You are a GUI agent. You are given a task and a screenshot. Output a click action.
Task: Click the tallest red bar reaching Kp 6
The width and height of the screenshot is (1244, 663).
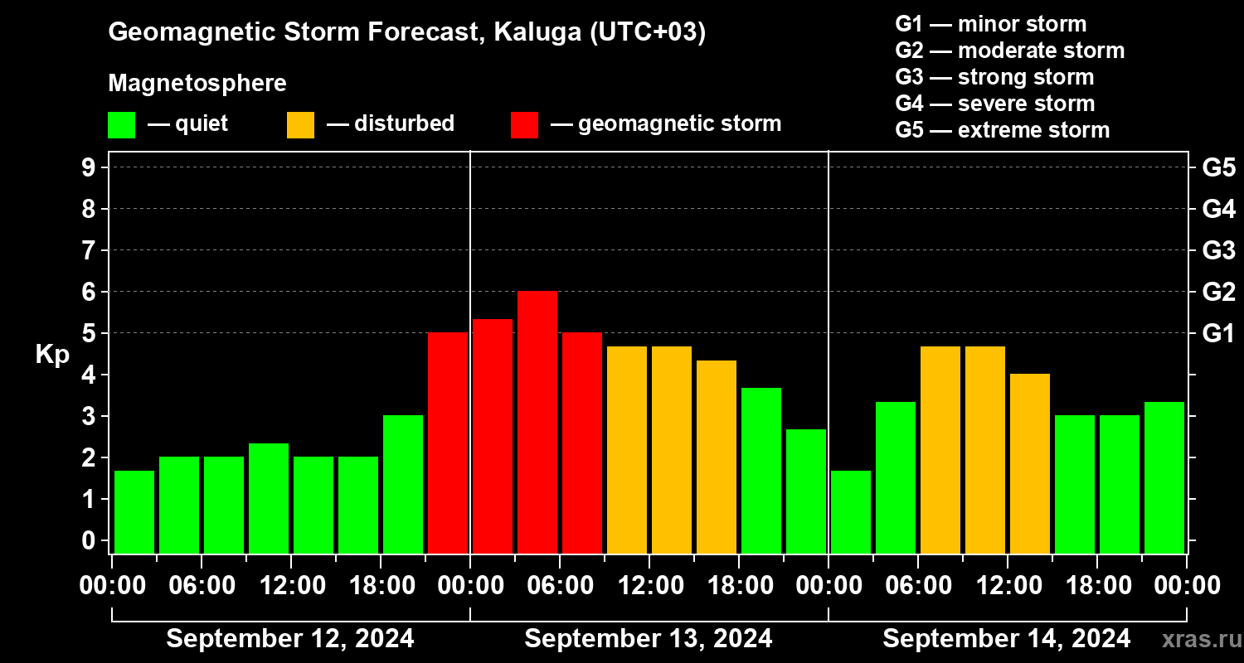[x=537, y=422]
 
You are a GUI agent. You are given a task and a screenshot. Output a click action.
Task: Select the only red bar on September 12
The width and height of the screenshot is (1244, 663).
[x=448, y=443]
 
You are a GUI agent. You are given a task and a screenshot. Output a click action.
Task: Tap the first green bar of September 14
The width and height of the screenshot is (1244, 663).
[x=851, y=511]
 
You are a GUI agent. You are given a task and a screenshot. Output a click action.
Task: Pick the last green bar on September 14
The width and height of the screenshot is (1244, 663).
[x=1164, y=477]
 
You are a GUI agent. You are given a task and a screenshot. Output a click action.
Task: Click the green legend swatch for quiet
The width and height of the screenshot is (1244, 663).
[x=121, y=125]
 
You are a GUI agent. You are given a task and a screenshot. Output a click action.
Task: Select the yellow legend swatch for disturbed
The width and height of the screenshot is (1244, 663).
[x=300, y=125]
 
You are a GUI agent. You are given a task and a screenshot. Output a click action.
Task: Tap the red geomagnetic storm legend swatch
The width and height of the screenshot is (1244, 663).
[x=524, y=125]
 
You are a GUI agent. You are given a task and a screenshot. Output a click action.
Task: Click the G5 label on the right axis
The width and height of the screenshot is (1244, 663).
[x=1218, y=168]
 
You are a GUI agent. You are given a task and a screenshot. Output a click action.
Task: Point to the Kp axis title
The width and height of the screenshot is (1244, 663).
[x=52, y=354]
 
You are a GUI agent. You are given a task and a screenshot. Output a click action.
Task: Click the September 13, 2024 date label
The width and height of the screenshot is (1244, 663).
[x=649, y=639]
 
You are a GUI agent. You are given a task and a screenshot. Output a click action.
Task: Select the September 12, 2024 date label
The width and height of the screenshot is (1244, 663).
[x=290, y=639]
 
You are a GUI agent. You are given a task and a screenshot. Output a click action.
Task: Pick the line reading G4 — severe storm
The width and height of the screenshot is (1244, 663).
[x=995, y=104]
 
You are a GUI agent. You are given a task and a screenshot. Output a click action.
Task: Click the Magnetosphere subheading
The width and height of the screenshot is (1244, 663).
[x=197, y=84]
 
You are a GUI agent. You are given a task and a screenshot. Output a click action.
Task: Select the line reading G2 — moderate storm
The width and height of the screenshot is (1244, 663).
[x=1010, y=51]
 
